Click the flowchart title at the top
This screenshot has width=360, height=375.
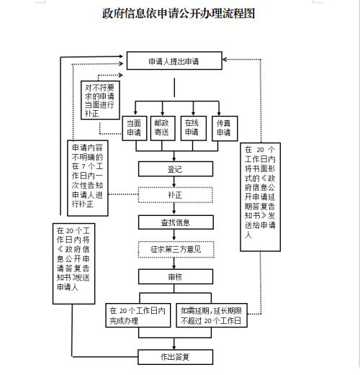tap(179, 14)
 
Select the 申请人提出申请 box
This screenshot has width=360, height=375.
tap(174, 61)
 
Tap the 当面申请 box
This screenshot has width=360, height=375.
tap(134, 127)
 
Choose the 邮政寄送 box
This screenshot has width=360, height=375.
tap(162, 127)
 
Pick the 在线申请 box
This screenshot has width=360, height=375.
tap(191, 127)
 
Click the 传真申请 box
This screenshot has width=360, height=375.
tap(223, 127)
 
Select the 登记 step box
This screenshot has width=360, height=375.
tap(174, 168)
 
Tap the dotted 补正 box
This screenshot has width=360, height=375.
tap(175, 194)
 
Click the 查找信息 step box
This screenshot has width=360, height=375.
tap(175, 222)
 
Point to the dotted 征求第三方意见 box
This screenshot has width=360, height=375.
tap(175, 250)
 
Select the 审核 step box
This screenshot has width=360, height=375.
tap(175, 276)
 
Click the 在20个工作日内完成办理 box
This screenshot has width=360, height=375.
tap(138, 315)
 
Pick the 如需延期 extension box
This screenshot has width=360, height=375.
tap(210, 315)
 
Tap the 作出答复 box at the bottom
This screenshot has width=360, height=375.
tap(175, 356)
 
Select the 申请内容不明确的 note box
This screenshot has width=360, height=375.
tap(88, 177)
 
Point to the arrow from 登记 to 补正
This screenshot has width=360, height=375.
tap(174, 181)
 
